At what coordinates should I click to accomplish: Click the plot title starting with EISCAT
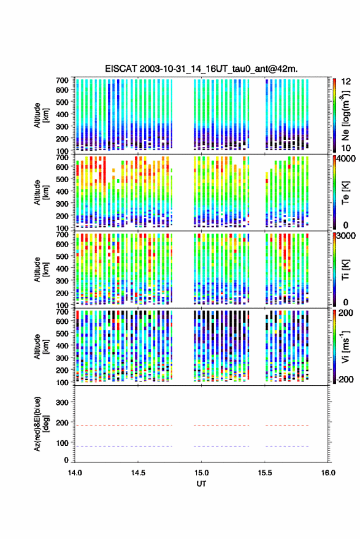click(x=201, y=69)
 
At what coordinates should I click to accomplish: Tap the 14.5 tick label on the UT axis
click(x=138, y=473)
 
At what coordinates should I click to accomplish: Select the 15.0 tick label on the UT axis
click(x=201, y=473)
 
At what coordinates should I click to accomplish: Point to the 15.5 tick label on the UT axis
click(x=265, y=473)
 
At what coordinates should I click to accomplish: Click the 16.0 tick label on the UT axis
click(x=328, y=473)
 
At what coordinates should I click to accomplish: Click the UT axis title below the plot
click(x=201, y=484)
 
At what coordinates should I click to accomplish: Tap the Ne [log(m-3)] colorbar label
click(x=345, y=115)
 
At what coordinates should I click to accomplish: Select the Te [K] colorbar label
click(x=345, y=192)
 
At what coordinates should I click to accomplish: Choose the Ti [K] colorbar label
click(x=345, y=270)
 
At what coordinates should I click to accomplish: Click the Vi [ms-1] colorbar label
click(x=345, y=346)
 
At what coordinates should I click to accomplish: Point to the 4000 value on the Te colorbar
click(x=347, y=159)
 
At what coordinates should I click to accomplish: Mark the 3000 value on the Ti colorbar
click(x=347, y=236)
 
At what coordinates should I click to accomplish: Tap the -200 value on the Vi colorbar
click(x=345, y=379)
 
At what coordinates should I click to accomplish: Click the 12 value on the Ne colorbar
click(x=347, y=82)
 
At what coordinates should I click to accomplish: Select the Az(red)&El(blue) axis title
click(x=42, y=424)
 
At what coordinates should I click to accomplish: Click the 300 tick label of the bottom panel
click(x=62, y=402)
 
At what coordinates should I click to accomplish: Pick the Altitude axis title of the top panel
click(x=41, y=115)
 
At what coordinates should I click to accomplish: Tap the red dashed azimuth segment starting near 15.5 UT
click(x=287, y=426)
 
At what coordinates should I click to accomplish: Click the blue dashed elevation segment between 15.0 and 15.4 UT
click(x=221, y=446)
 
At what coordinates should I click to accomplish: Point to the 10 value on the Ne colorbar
click(x=346, y=148)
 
